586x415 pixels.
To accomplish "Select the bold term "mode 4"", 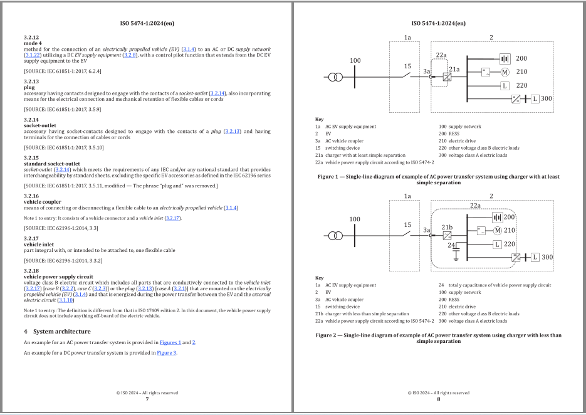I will point(33,43).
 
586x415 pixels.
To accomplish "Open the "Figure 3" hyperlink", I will point(167,353).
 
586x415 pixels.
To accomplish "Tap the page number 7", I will point(147,399).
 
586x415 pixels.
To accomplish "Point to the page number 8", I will point(439,399).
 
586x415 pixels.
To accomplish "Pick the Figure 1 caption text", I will point(438,179).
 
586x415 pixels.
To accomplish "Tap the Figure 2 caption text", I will point(438,338).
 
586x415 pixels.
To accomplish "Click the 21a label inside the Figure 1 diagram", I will point(454,69).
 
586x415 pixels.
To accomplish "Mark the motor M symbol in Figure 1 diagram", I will point(504,72).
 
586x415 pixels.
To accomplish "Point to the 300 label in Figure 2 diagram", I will point(547,257).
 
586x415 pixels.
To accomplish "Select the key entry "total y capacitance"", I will point(494,285).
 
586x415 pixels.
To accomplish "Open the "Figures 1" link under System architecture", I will point(170,342).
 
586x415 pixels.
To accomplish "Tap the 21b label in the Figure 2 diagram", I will point(446,226).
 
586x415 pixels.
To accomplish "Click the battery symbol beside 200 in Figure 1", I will point(505,58).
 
